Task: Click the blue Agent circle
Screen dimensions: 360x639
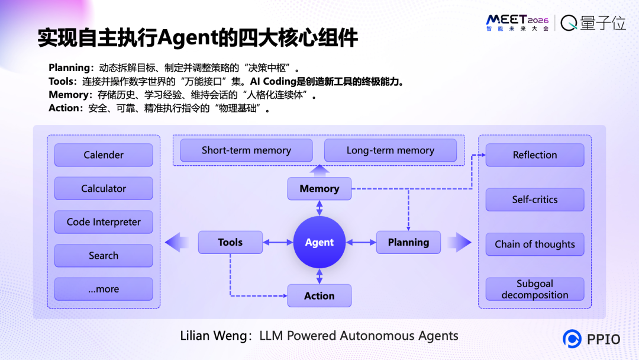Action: pyautogui.click(x=319, y=242)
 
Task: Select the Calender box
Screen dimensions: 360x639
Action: pyautogui.click(x=104, y=155)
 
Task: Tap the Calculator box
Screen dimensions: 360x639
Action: pyautogui.click(x=104, y=189)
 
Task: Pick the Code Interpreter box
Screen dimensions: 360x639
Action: pyautogui.click(x=104, y=222)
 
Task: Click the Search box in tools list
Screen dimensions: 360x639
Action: pyautogui.click(x=104, y=256)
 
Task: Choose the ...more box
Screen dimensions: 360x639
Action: pyautogui.click(x=104, y=289)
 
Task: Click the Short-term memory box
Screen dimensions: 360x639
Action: pyautogui.click(x=246, y=150)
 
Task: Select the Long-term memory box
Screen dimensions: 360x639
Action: pyautogui.click(x=390, y=150)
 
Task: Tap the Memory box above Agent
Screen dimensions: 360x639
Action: pyautogui.click(x=319, y=189)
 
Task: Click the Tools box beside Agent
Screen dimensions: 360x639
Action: pyautogui.click(x=230, y=242)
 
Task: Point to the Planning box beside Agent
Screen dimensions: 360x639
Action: pyautogui.click(x=408, y=242)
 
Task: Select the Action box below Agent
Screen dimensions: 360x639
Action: pyautogui.click(x=319, y=295)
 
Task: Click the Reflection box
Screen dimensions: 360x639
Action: pyautogui.click(x=535, y=155)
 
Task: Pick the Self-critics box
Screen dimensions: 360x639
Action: pyautogui.click(x=535, y=200)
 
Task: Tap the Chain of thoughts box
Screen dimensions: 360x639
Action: pyautogui.click(x=535, y=244)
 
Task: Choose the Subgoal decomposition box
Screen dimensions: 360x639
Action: pyautogui.click(x=535, y=289)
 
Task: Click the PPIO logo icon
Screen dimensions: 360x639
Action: pyautogui.click(x=572, y=339)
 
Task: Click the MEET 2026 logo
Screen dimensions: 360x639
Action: pyautogui.click(x=517, y=22)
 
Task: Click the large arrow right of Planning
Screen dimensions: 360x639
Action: pyautogui.click(x=460, y=242)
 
